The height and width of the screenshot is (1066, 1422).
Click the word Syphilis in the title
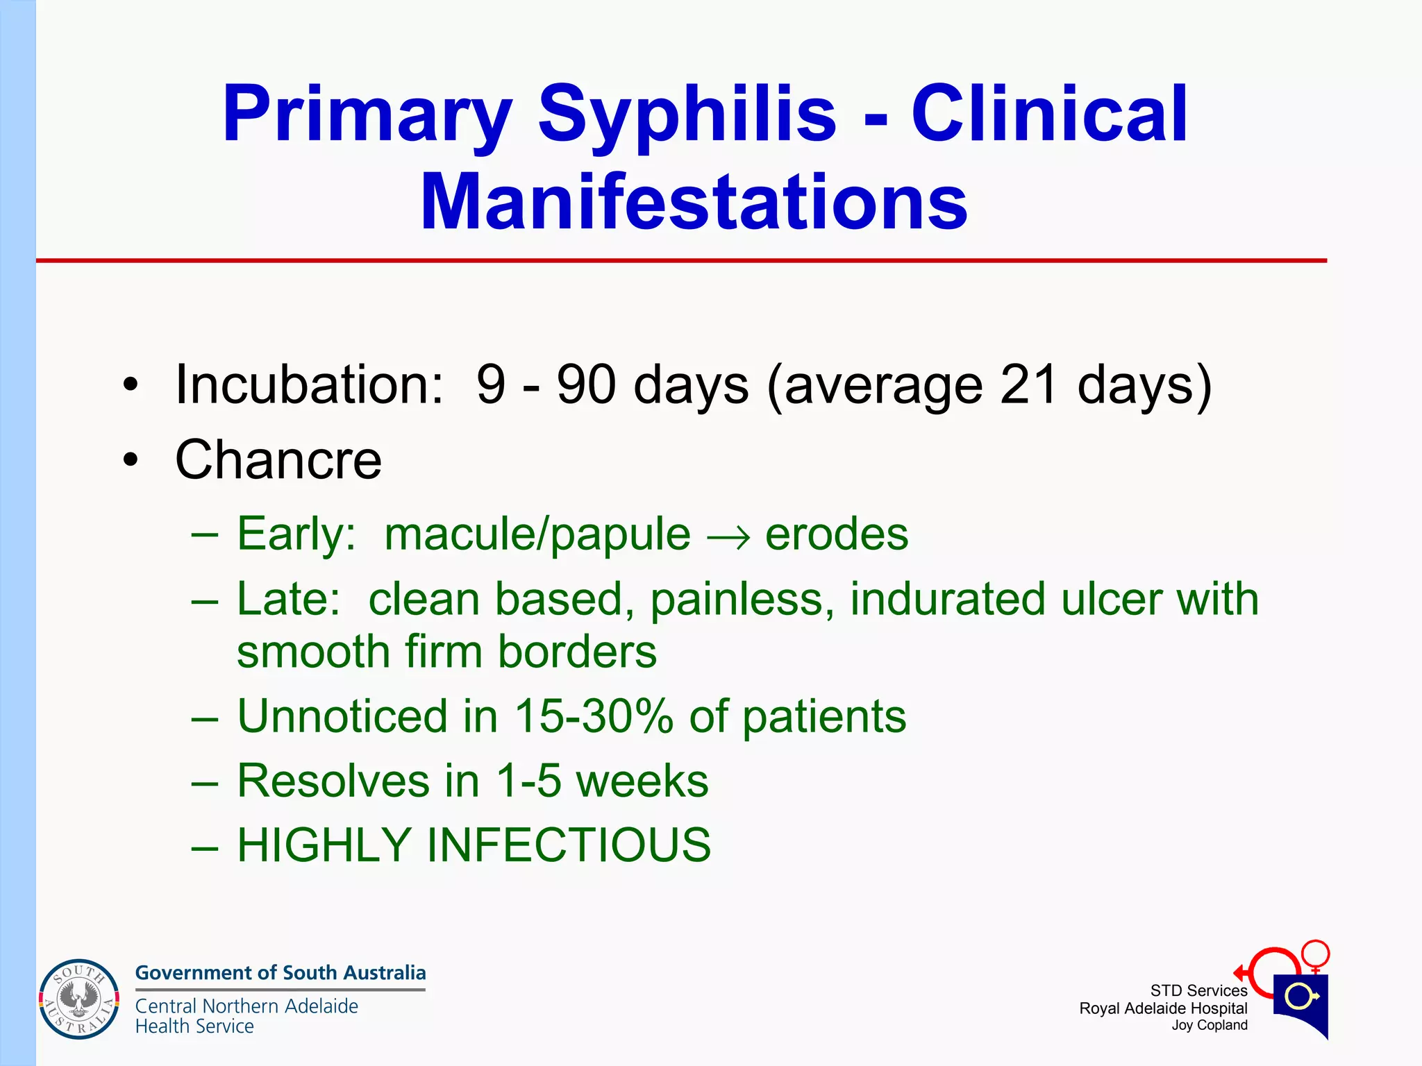[x=687, y=115]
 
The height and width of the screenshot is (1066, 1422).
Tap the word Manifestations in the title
[x=694, y=203]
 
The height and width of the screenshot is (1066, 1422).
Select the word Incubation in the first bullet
[x=309, y=384]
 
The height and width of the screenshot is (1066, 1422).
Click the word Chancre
[x=278, y=459]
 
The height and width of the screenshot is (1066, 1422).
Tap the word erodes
[x=837, y=534]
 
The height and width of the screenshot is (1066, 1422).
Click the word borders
[x=577, y=652]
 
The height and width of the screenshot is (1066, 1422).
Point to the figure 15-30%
[x=594, y=716]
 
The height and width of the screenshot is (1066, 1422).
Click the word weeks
[x=642, y=781]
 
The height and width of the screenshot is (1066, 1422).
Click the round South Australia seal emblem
[x=78, y=999]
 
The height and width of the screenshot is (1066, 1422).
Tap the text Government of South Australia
[x=281, y=973]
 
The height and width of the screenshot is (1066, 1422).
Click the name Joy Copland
[x=1210, y=1026]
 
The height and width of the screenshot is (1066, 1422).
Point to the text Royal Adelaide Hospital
[x=1163, y=1008]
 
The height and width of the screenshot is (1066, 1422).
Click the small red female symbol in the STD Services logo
[x=1315, y=954]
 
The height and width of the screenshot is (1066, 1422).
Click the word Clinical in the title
[x=1049, y=115]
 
